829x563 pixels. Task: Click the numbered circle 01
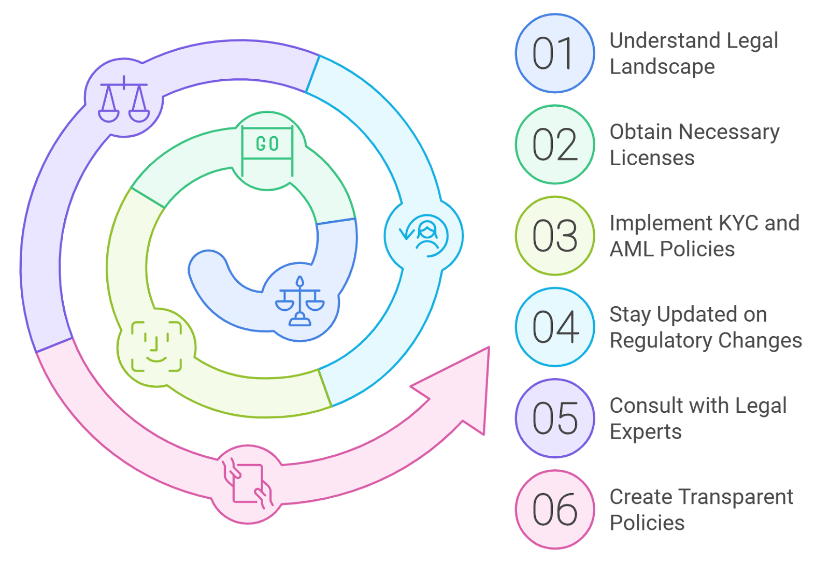point(555,53)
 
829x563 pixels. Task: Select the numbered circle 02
point(555,145)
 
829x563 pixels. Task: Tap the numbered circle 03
point(555,236)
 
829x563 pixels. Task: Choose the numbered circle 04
point(555,327)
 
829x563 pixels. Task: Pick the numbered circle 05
point(555,418)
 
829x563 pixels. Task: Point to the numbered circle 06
point(555,509)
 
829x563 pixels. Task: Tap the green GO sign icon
point(267,150)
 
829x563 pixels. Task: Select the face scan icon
point(156,347)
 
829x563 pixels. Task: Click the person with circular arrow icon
point(424,236)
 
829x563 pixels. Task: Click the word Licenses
point(652,157)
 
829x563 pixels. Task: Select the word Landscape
point(662,67)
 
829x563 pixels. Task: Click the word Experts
point(646,432)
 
